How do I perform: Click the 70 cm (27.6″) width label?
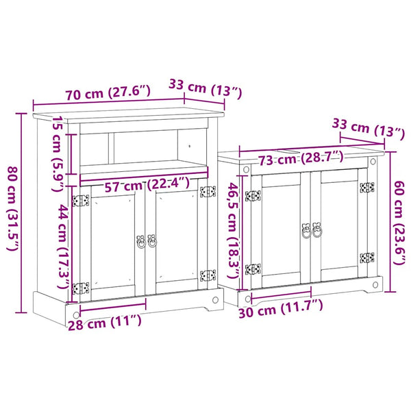(108, 92)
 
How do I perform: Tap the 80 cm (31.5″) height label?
(12, 208)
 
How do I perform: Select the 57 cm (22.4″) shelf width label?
(147, 184)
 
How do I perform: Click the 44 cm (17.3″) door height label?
(64, 247)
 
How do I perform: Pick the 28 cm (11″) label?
(105, 323)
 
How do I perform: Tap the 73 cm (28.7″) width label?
(301, 158)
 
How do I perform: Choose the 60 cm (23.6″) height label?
(399, 223)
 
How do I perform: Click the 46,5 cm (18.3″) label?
(232, 232)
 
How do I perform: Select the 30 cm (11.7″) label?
(281, 309)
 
